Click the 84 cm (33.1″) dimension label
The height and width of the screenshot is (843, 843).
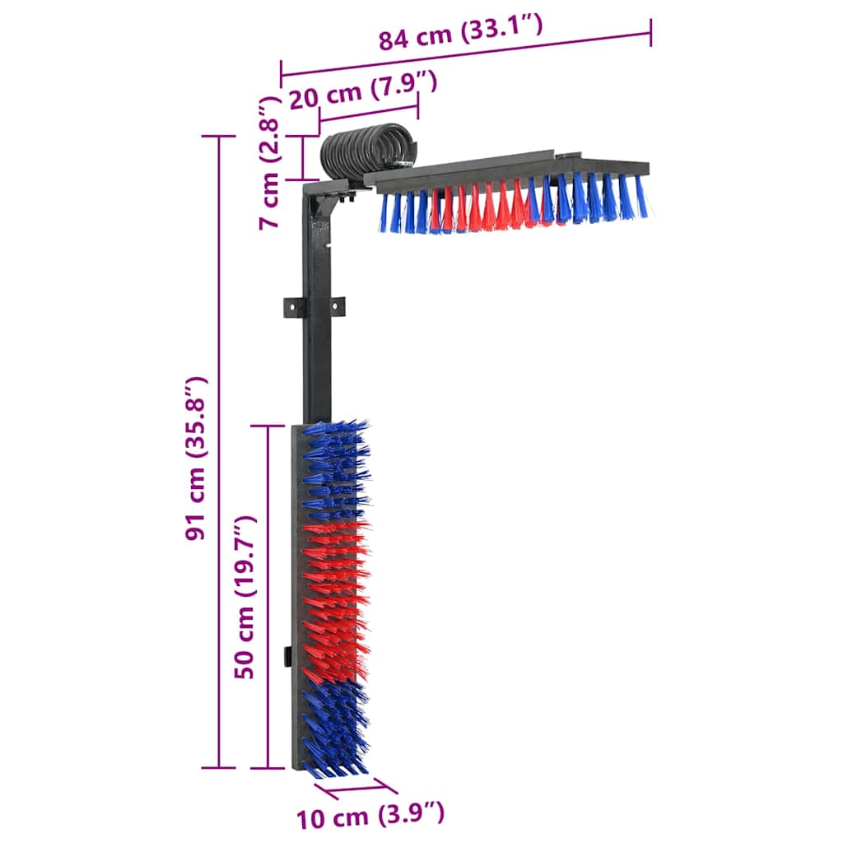[x=460, y=34]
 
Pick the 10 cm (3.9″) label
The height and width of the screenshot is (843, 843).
[x=370, y=816]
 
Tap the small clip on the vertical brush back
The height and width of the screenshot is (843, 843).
[x=289, y=657]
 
